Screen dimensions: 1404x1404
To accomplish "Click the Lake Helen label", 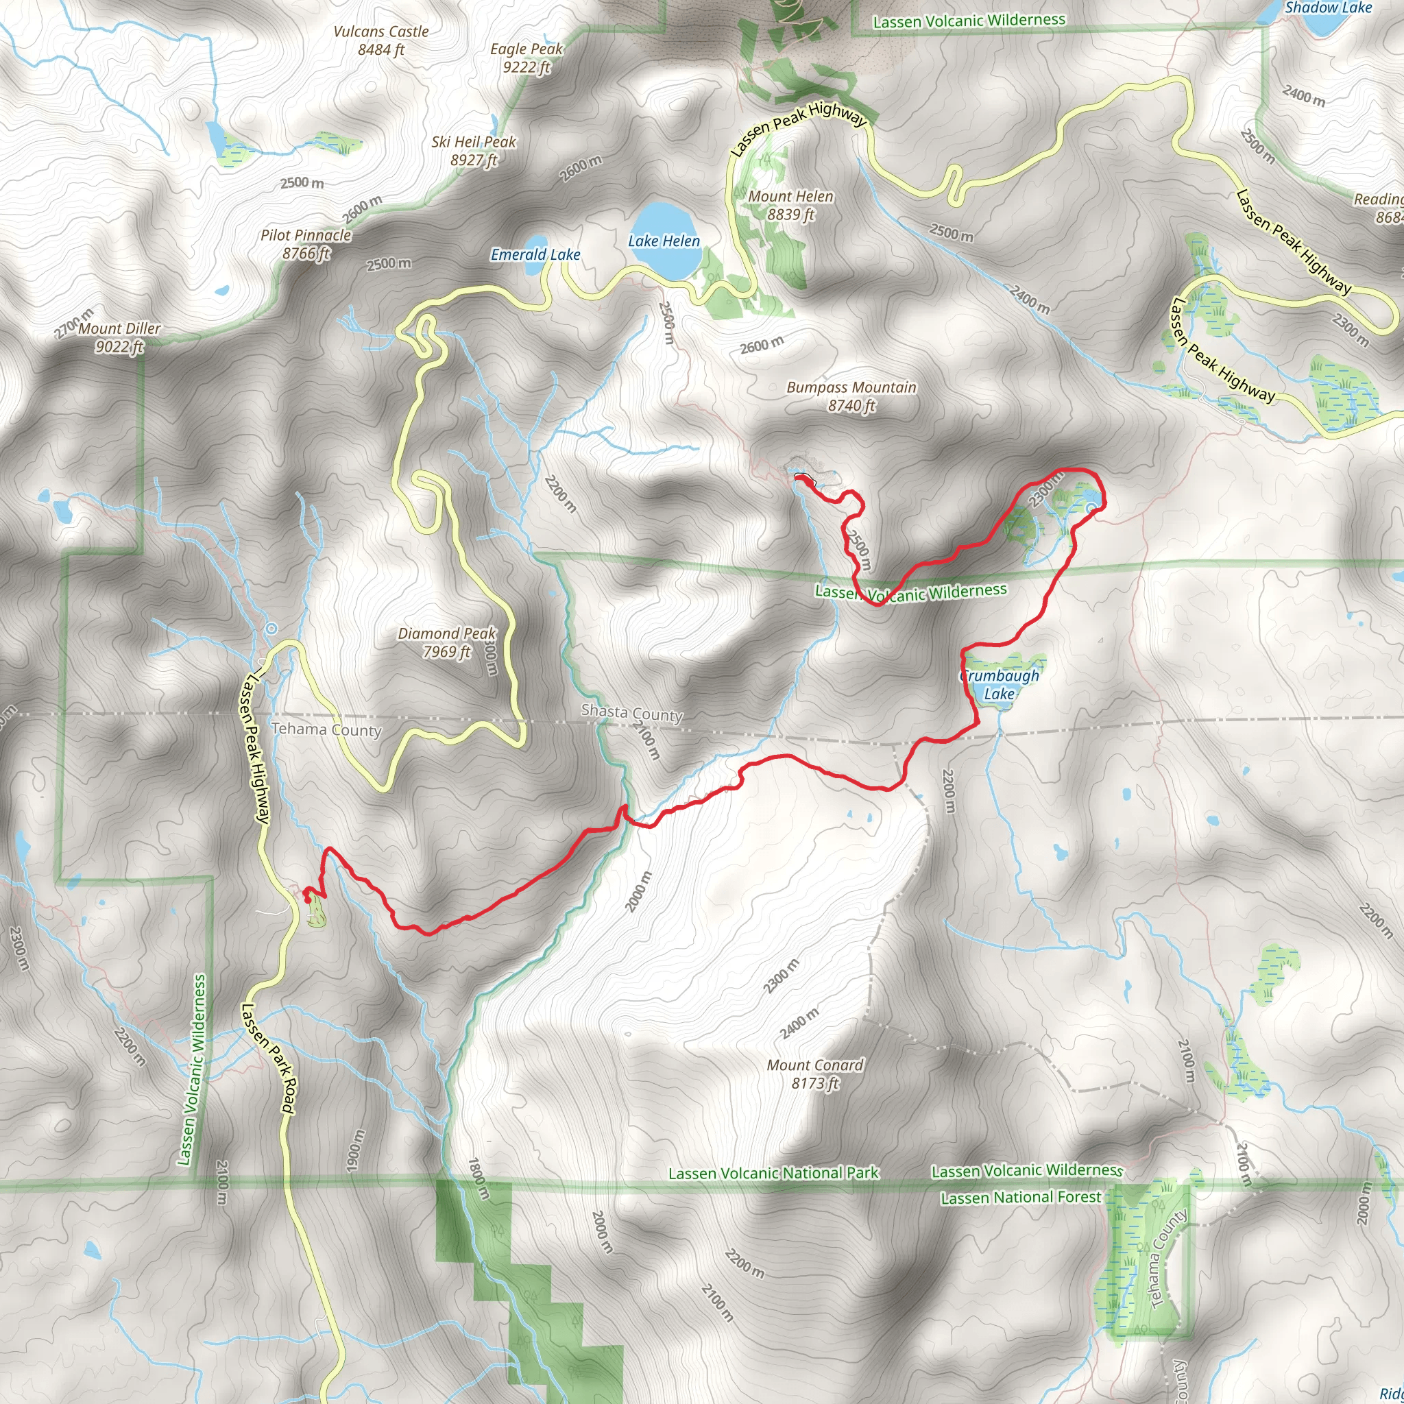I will click(664, 241).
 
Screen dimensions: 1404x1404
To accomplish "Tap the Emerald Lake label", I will click(535, 255).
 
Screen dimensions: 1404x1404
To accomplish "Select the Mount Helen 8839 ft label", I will click(790, 206).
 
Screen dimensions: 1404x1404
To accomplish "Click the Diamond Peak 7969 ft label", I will click(446, 642).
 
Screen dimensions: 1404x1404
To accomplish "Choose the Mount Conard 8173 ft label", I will click(814, 1074).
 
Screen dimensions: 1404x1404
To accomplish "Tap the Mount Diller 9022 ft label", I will click(119, 338).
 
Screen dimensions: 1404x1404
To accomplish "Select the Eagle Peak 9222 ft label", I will click(526, 58).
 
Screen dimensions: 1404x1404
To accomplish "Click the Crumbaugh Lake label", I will click(1000, 685).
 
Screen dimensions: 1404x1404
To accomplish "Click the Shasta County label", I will click(631, 713).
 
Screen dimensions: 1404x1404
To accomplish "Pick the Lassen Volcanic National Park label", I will click(773, 1173).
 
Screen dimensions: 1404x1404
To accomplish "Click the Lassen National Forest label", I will click(1020, 1197).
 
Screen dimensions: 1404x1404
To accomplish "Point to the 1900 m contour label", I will click(354, 1150).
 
